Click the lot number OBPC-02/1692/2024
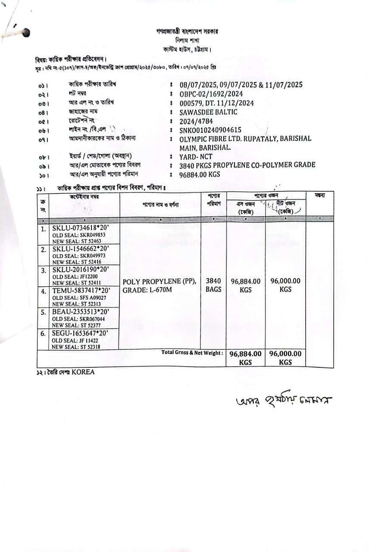point(211,94)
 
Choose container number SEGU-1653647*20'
point(80,333)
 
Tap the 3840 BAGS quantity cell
point(213,285)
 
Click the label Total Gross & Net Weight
point(192,353)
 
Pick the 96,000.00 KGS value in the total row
point(285,358)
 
